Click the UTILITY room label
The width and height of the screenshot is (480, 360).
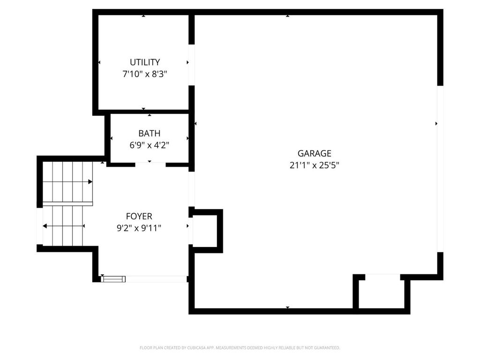[x=145, y=62]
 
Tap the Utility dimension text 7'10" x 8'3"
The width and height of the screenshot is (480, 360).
[x=145, y=74]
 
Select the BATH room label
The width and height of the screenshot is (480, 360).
[x=149, y=134]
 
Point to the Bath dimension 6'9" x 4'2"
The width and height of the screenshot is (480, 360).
[x=149, y=145]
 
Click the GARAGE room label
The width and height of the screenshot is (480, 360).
[x=314, y=153]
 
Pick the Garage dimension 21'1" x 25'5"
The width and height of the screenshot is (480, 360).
[x=314, y=165]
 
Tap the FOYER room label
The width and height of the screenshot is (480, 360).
[x=139, y=216]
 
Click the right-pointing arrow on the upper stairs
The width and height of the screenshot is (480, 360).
[x=90, y=181]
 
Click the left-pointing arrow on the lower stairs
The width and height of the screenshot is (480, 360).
[x=45, y=226]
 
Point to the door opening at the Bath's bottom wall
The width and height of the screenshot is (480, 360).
[x=150, y=165]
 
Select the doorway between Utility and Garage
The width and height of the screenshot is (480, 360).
[x=191, y=65]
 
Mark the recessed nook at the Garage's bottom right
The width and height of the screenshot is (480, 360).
[x=382, y=292]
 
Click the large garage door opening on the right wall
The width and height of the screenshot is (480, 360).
[x=440, y=169]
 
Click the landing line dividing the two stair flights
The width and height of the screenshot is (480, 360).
[x=67, y=204]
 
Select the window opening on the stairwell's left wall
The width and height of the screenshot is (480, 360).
[x=39, y=226]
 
